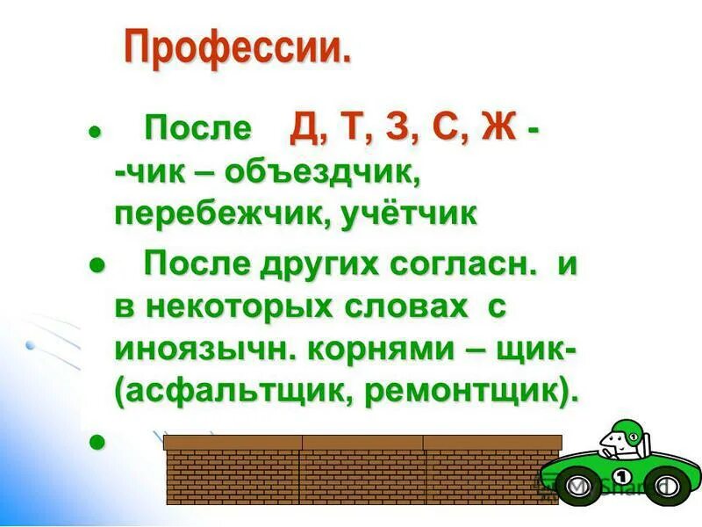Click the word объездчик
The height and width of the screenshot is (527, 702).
[x=323, y=173]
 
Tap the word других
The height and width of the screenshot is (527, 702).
[x=311, y=263]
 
